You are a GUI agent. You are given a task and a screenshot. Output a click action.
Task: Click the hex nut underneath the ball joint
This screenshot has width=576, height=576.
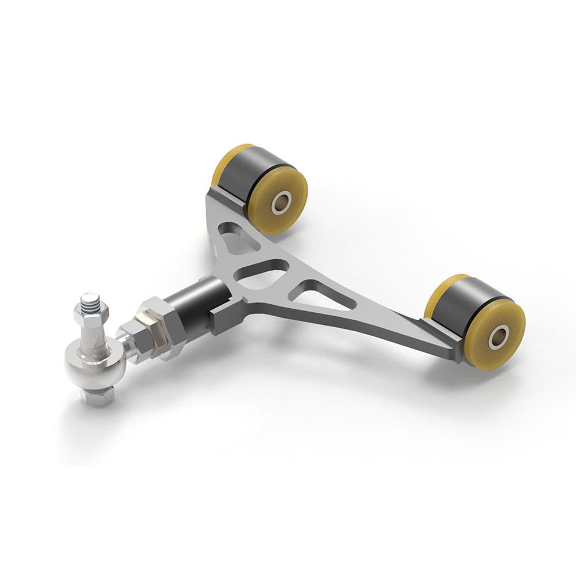(x=97, y=397)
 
